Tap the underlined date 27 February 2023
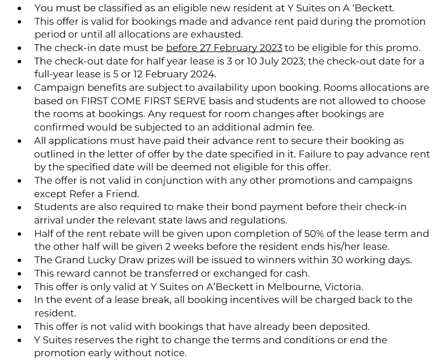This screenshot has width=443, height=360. [x=224, y=48]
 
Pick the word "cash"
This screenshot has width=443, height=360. [x=295, y=273]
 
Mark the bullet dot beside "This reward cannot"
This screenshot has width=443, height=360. [x=20, y=274]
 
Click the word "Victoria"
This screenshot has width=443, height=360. [x=342, y=287]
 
